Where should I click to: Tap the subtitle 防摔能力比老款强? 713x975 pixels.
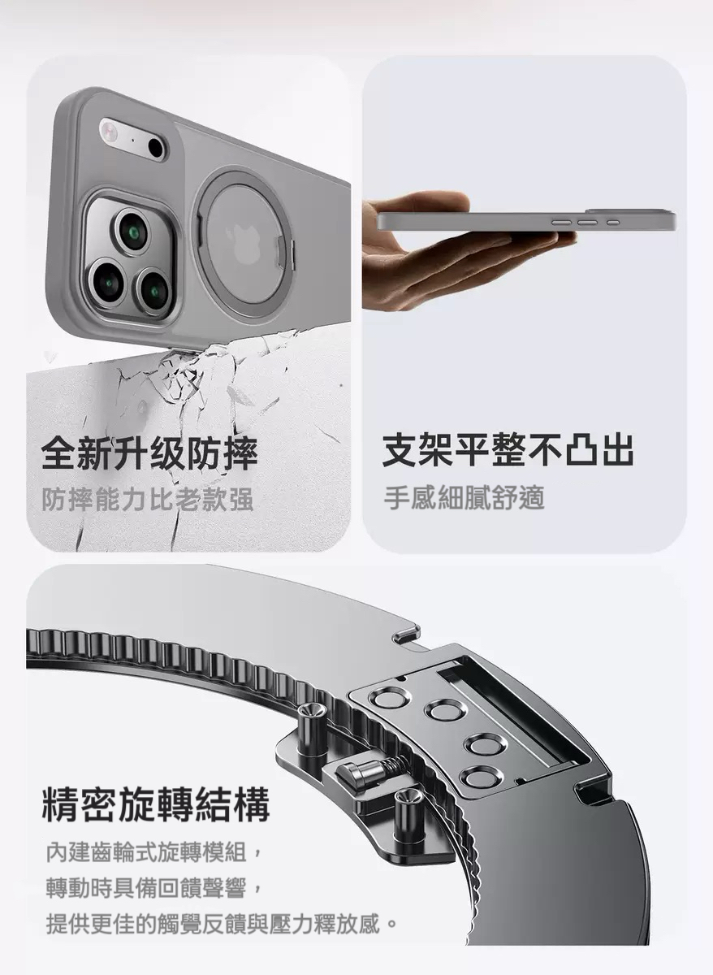pyautogui.click(x=148, y=498)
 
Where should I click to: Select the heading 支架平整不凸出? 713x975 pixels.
pyautogui.click(x=508, y=450)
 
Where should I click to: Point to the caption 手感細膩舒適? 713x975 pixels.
pyautogui.click(x=465, y=498)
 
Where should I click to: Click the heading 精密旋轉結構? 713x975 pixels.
pyautogui.click(x=156, y=804)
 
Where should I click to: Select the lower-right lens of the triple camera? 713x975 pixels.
pyautogui.click(x=153, y=291)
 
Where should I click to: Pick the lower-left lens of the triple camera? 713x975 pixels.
pyautogui.click(x=107, y=281)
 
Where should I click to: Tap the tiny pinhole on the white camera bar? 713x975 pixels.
pyautogui.click(x=132, y=140)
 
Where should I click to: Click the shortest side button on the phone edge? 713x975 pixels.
pyautogui.click(x=613, y=223)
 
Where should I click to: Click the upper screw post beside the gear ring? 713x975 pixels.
pyautogui.click(x=309, y=725)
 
